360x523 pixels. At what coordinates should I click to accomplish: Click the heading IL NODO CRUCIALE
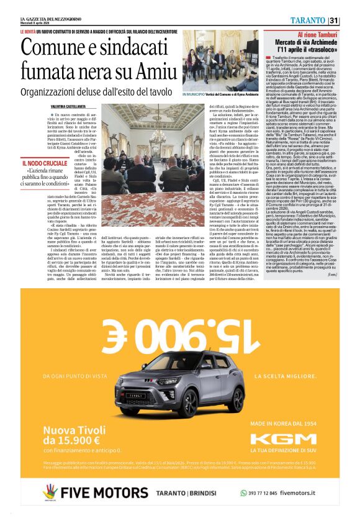click(x=41, y=163)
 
